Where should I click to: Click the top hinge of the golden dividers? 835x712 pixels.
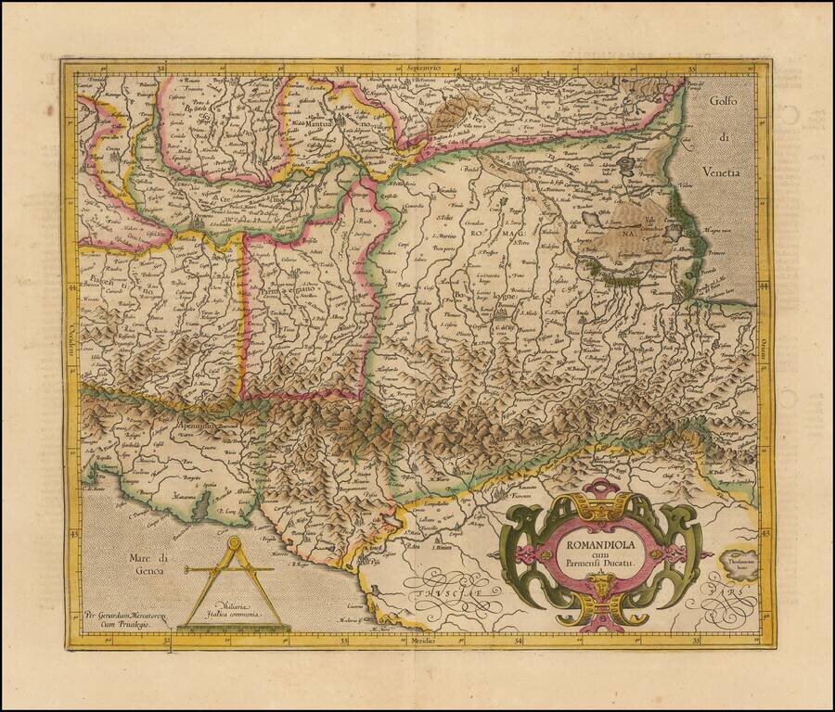point(233,544)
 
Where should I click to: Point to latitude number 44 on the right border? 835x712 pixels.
point(764,289)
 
